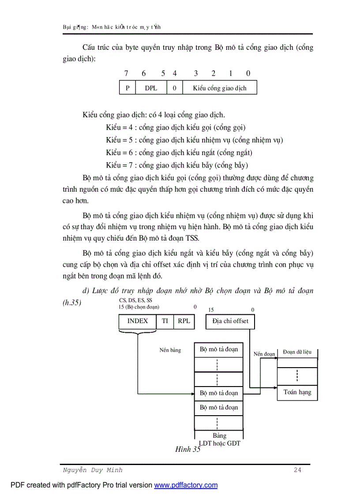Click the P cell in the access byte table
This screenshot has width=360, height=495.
coord(127,88)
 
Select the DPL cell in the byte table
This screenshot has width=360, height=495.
coord(151,88)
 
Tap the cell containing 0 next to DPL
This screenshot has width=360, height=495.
coord(174,88)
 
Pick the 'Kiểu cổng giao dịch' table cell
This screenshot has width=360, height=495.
coord(219,88)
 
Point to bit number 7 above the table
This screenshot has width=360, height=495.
coord(126,74)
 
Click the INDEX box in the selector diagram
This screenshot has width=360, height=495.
coord(138,321)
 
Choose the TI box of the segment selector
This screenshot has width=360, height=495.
coord(165,321)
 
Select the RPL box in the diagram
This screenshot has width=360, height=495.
coord(184,321)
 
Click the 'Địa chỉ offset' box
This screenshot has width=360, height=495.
coord(230,321)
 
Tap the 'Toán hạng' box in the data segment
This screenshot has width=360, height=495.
coord(297,392)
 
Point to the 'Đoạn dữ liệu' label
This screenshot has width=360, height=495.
coord(297,352)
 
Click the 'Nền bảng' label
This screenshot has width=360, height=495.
coord(170,350)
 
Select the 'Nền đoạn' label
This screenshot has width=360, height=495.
coord(264,354)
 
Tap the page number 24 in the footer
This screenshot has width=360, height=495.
coord(297,470)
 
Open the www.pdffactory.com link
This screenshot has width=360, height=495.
coord(186,485)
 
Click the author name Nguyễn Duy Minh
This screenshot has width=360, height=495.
coord(92,470)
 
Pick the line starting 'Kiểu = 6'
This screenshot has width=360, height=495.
coord(179,153)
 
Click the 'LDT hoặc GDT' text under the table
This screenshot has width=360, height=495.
coord(219,443)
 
